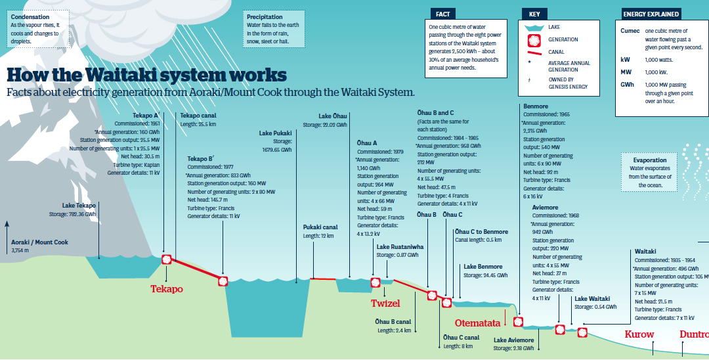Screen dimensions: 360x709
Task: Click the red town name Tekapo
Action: [166, 288]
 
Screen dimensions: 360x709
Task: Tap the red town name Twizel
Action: [385, 303]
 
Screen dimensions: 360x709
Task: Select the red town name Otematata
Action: [477, 323]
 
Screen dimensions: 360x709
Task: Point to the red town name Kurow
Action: [639, 334]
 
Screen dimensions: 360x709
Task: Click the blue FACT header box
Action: [442, 14]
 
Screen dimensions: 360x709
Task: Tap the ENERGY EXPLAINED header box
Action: [651, 14]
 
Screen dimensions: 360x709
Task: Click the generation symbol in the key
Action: [533, 39]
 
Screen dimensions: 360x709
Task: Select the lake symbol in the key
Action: [533, 28]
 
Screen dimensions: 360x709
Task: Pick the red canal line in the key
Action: [533, 52]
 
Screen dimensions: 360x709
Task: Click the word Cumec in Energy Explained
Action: [630, 31]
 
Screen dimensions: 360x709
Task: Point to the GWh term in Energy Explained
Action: [628, 85]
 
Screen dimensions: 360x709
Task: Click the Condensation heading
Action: [30, 16]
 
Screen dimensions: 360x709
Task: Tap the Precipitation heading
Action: [265, 16]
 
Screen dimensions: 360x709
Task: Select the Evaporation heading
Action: [650, 160]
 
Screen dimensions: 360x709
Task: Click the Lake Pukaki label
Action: [275, 133]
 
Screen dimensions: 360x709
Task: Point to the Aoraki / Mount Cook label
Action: [39, 242]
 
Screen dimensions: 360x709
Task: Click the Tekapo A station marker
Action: [166, 259]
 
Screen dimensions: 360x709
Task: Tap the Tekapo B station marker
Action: [223, 281]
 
